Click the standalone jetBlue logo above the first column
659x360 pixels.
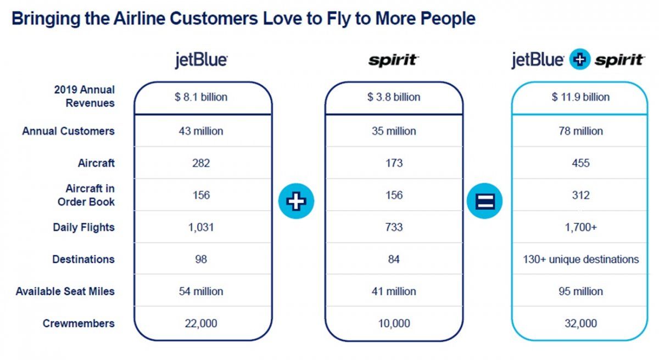pyautogui.click(x=201, y=60)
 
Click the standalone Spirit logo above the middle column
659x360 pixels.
pyautogui.click(x=393, y=60)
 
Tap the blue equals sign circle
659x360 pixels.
pyautogui.click(x=484, y=201)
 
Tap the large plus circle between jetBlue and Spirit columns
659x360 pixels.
pyautogui.click(x=296, y=201)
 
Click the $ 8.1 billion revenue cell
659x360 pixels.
pyautogui.click(x=201, y=97)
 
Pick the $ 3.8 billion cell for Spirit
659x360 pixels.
pyautogui.click(x=394, y=97)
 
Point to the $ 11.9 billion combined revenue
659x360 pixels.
pyautogui.click(x=580, y=97)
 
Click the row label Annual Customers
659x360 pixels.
pyautogui.click(x=69, y=131)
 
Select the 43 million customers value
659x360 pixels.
pyautogui.click(x=201, y=131)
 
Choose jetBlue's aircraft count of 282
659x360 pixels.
pyautogui.click(x=201, y=163)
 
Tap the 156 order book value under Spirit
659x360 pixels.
pyautogui.click(x=394, y=195)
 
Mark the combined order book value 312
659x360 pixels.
pyautogui.click(x=580, y=195)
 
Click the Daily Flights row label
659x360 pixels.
pyautogui.click(x=84, y=227)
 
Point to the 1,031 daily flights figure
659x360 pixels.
pyautogui.click(x=201, y=227)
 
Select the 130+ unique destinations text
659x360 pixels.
pyautogui.click(x=580, y=260)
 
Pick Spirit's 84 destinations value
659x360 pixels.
pyautogui.click(x=394, y=260)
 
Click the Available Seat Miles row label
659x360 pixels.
pyautogui.click(x=65, y=291)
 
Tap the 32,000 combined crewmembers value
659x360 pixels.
pyautogui.click(x=580, y=324)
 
